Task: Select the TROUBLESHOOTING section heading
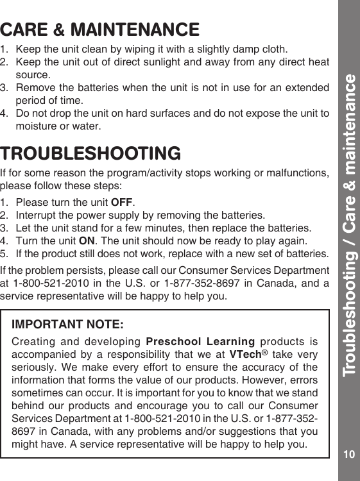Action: [90, 155]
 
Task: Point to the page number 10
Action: [348, 454]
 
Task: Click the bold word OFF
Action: [121, 203]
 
